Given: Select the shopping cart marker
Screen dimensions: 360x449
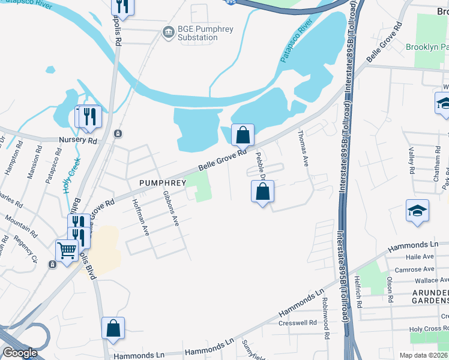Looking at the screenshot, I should coord(67,250).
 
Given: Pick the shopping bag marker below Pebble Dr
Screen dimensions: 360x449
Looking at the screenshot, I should coord(262,192).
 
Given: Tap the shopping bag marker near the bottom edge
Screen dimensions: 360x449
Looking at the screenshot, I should coord(113,329).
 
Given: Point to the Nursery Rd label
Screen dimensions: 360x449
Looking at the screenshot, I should coord(77,140).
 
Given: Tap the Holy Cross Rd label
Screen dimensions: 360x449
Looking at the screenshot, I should coord(429,329).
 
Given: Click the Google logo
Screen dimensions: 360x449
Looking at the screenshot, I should coord(20,353).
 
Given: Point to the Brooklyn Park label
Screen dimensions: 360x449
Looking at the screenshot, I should coord(427,47).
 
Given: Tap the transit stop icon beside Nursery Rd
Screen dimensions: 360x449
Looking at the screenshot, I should coord(118,133).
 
